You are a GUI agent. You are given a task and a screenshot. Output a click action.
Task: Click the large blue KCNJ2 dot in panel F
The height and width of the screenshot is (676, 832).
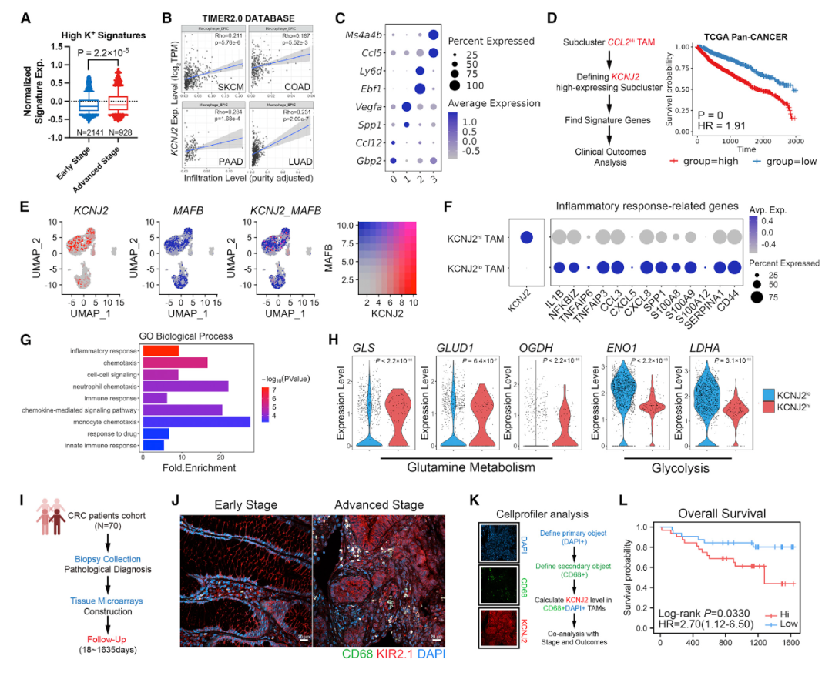click(x=525, y=238)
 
